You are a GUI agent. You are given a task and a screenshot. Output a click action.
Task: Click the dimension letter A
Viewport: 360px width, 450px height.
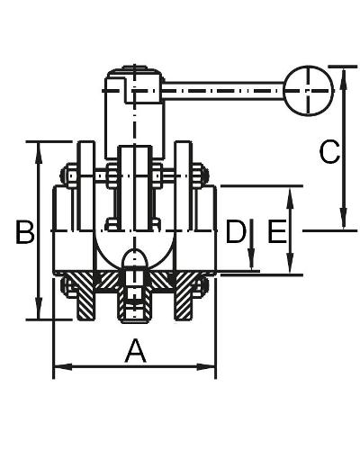pyautogui.click(x=136, y=351)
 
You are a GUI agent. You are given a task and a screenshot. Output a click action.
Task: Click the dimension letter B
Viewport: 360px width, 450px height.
pyautogui.click(x=25, y=231)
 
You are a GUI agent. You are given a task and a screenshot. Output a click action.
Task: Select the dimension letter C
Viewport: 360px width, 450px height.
pyautogui.click(x=329, y=152)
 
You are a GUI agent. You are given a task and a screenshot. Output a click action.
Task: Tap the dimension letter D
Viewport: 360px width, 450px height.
pyautogui.click(x=236, y=231)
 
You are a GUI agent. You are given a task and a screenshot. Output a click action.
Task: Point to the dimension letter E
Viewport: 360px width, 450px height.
pyautogui.click(x=276, y=231)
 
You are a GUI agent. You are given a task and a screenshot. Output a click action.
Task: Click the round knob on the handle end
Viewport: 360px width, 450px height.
pyautogui.click(x=309, y=90)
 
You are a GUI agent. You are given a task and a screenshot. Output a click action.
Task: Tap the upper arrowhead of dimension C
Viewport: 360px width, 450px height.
pyautogui.click(x=344, y=78)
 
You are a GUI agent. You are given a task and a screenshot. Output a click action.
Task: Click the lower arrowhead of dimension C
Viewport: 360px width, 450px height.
pyautogui.click(x=344, y=219)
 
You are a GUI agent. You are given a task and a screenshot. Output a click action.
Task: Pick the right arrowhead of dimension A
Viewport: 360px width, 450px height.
pyautogui.click(x=206, y=366)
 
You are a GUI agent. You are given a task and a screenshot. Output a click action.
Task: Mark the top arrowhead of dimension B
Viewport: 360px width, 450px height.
pyautogui.click(x=39, y=153)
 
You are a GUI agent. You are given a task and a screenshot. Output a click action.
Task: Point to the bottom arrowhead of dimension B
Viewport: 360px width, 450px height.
pyautogui.click(x=39, y=308)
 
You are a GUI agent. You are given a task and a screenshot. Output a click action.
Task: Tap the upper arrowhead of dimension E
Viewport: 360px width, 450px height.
pyautogui.click(x=290, y=198)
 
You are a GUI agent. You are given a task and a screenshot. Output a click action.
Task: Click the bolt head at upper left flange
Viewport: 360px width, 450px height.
pyautogui.click(x=68, y=175)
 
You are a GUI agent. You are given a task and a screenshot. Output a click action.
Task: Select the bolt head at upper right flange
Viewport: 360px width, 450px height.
pyautogui.click(x=200, y=175)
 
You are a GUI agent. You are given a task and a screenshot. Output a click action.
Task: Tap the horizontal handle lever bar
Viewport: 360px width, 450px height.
pyautogui.click(x=224, y=90)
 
